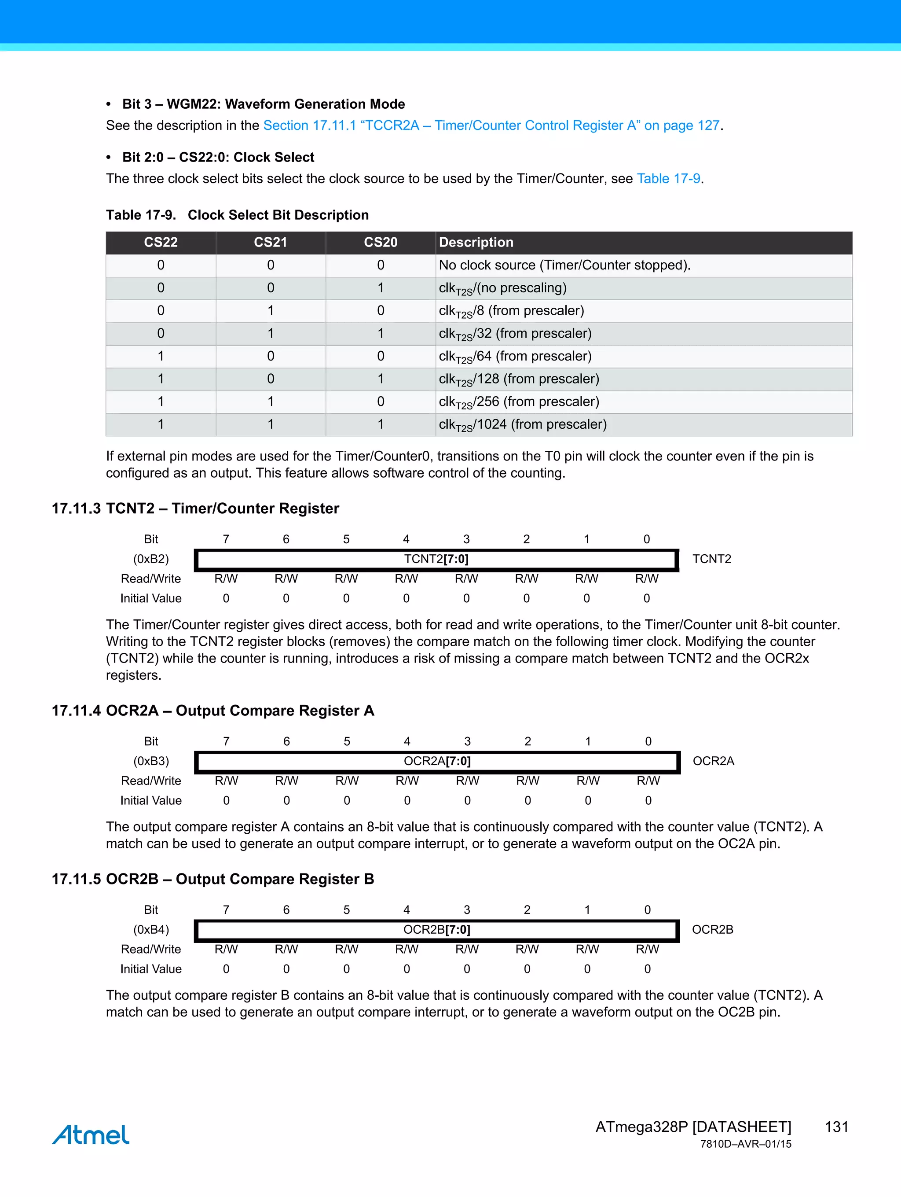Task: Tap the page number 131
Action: coord(836,1127)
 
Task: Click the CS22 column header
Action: coord(161,243)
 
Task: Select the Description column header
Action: coord(476,243)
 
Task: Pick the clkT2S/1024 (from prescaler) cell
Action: coord(522,425)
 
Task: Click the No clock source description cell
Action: coord(564,265)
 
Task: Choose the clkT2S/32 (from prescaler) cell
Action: coord(515,334)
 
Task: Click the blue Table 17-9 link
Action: coord(668,179)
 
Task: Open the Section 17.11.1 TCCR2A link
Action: coord(491,125)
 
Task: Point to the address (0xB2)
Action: coord(151,559)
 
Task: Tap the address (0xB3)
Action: coord(151,761)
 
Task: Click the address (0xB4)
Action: coord(151,930)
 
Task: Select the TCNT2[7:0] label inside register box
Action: coord(436,559)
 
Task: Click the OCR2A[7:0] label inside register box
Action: coord(437,761)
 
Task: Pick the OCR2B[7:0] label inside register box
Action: coord(436,930)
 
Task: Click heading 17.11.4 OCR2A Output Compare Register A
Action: coord(212,711)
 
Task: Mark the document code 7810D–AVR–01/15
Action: coord(745,1144)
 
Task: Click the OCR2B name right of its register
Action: coord(712,930)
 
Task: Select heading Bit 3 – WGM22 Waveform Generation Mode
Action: coord(264,104)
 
